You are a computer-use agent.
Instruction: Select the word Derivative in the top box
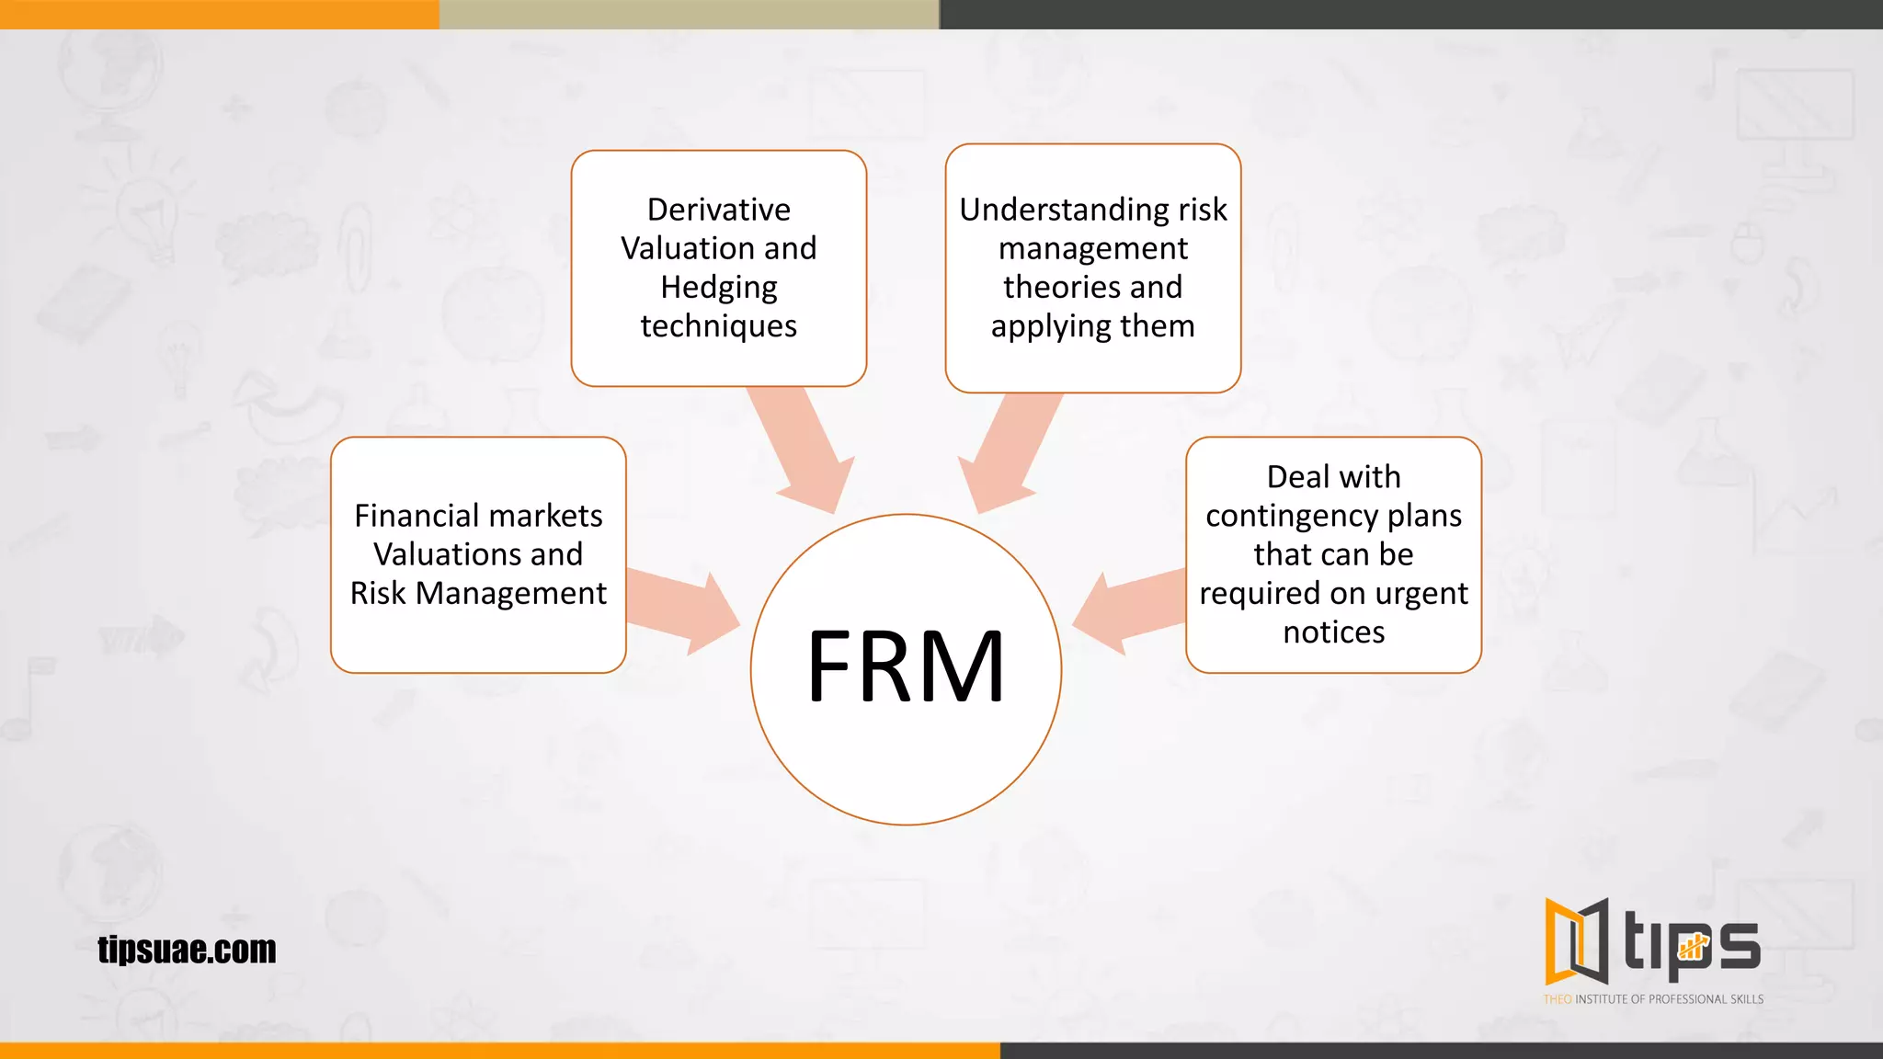click(718, 210)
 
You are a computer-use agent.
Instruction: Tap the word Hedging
click(718, 288)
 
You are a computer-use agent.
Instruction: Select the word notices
click(1333, 632)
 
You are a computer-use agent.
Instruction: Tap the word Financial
click(412, 516)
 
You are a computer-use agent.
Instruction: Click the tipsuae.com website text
click(187, 950)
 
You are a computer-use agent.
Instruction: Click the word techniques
click(718, 326)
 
